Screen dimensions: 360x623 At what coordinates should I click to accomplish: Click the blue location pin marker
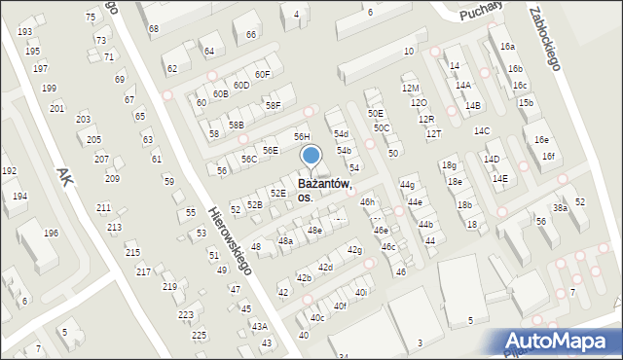coord(311,156)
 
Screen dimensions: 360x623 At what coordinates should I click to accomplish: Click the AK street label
coord(65,176)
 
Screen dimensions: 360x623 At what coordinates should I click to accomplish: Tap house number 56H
coord(302,137)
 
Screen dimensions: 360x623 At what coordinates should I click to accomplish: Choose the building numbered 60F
coord(262,74)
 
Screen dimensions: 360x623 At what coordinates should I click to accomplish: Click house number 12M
coord(410,89)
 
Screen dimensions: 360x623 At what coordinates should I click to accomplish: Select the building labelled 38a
coord(560,208)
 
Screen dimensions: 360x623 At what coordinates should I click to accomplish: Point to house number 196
coord(51,234)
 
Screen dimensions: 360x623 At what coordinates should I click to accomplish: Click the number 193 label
coord(24,32)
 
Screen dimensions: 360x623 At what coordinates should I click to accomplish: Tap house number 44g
coord(407,185)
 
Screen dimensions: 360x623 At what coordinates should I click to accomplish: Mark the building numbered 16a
coord(507,46)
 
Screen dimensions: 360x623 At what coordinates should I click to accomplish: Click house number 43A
coord(259,327)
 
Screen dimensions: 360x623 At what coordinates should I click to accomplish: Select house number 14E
coord(499,179)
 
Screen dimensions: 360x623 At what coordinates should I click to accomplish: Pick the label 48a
coord(285,240)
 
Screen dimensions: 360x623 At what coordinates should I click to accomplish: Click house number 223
coord(185,315)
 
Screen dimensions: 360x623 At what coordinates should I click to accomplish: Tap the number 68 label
coord(153,29)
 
